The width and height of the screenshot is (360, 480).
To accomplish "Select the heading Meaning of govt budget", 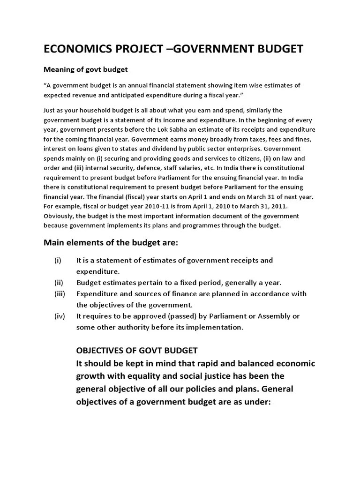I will pos(86,69).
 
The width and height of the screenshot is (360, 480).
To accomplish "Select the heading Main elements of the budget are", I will pos(111,243).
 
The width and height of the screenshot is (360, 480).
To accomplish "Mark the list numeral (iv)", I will pos(60,316).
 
